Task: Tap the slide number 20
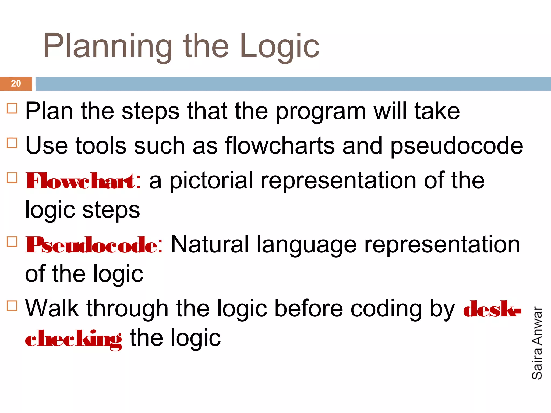coord(16,84)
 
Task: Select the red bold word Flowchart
coord(80,181)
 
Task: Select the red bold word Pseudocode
coord(91,245)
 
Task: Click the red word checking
coord(73,339)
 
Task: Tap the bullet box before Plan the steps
coord(12,108)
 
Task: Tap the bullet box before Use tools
coord(12,143)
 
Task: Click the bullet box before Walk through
coord(12,306)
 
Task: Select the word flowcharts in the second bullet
coord(280,146)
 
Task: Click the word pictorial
coord(211,181)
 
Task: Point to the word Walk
coord(52,308)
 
